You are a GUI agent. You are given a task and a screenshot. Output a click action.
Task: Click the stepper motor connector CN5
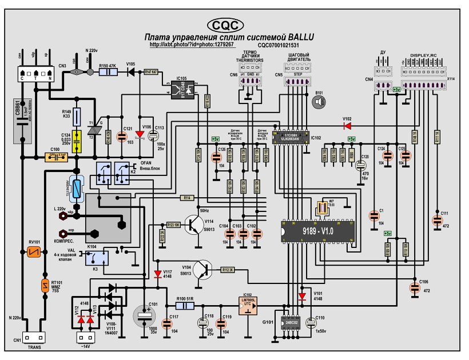click(291, 82)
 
